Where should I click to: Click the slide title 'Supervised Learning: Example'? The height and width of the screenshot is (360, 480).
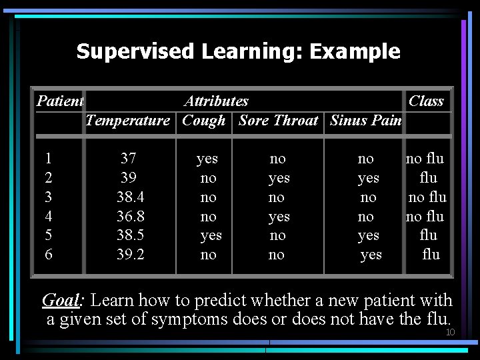238,51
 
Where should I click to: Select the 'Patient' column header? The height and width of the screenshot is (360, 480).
59,101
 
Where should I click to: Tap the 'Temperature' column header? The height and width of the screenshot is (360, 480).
128,121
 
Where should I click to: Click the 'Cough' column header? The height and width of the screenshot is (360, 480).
203,121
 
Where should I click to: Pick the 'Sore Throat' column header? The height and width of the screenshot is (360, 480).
278,121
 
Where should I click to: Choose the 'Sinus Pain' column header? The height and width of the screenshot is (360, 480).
365,121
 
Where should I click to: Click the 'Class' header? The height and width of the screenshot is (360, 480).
426,101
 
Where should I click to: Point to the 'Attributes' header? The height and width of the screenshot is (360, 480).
216,101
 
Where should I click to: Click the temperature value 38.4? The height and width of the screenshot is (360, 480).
130,197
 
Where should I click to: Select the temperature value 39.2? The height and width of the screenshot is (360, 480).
130,255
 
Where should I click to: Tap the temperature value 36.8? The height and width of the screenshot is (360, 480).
130,217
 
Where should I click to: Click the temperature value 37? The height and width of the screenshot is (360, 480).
129,159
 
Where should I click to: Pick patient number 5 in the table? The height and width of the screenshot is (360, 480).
48,235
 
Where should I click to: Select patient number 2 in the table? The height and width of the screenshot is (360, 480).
48,178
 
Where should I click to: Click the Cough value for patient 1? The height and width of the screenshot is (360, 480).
207,159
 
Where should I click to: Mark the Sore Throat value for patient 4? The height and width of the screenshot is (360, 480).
279,217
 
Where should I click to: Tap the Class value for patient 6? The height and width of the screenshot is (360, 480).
431,255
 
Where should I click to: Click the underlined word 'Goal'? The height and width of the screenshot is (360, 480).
61,301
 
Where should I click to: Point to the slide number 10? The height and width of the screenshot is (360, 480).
450,332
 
